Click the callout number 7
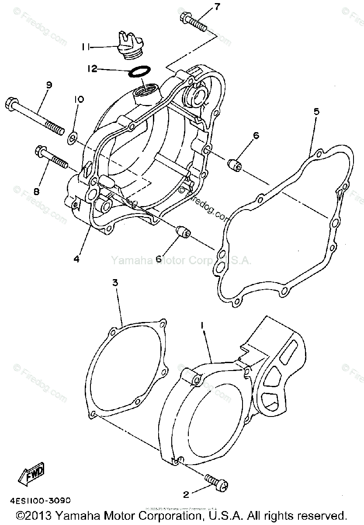pyautogui.click(x=217, y=7)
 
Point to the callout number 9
pyautogui.click(x=49, y=85)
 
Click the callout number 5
pyautogui.click(x=316, y=111)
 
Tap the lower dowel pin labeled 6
pyautogui.click(x=182, y=232)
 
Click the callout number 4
pyautogui.click(x=77, y=259)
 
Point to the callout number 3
pyautogui.click(x=115, y=283)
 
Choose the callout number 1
pyautogui.click(x=202, y=325)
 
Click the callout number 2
pyautogui.click(x=186, y=495)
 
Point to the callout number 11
pyautogui.click(x=86, y=46)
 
